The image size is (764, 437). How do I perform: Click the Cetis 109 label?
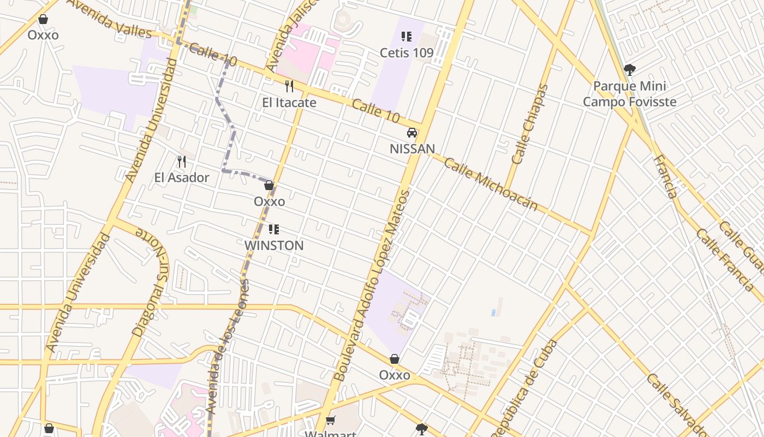point(407,53)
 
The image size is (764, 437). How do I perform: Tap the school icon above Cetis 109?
point(407,37)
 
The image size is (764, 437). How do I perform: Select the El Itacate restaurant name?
point(289,102)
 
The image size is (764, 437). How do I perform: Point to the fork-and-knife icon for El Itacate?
point(289,86)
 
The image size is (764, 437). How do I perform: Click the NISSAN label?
point(412,149)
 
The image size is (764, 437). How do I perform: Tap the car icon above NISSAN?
point(412,133)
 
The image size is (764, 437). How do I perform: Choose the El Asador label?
point(182,178)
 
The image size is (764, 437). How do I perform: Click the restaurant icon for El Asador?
point(182,162)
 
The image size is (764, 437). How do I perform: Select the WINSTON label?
point(274,246)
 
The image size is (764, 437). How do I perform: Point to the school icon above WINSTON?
point(274,229)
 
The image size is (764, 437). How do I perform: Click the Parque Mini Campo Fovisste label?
point(630,94)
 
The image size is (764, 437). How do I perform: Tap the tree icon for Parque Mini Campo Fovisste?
point(630,70)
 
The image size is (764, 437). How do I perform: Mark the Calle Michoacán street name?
point(491,185)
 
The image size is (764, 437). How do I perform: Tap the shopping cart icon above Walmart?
point(330,420)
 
